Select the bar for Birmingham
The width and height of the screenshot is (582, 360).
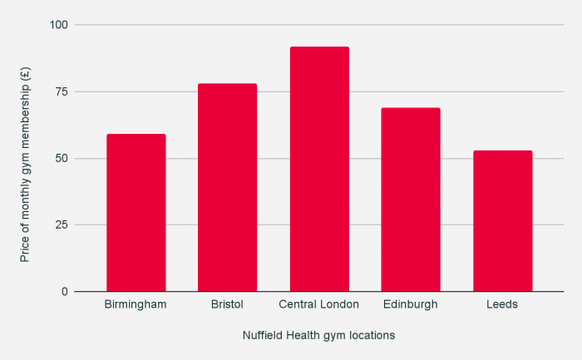[x=136, y=213]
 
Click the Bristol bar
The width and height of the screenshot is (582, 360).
[x=227, y=188]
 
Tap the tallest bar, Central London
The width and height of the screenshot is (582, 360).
[x=318, y=170]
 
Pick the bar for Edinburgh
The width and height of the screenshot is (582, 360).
[x=411, y=200]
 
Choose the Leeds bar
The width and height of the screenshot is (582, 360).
[x=502, y=221]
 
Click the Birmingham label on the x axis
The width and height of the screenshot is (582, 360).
[x=136, y=304]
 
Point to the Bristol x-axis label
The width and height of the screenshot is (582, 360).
[x=227, y=304]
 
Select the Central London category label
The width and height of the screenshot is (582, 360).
[x=319, y=304]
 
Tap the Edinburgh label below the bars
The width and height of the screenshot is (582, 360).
[x=411, y=304]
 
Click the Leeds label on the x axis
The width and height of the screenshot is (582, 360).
[x=502, y=304]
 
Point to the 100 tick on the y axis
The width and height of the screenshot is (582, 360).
[x=58, y=25]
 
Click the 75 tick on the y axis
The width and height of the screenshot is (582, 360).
[x=62, y=91]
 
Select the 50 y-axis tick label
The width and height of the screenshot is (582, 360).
[x=62, y=158]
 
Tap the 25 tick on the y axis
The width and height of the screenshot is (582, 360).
[x=62, y=224]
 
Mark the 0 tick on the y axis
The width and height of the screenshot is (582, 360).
[x=64, y=292]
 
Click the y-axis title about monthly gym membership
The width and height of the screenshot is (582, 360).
[x=25, y=158]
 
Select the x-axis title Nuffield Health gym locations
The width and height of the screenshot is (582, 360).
[x=318, y=336]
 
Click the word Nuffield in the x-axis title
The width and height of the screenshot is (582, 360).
[x=262, y=336]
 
